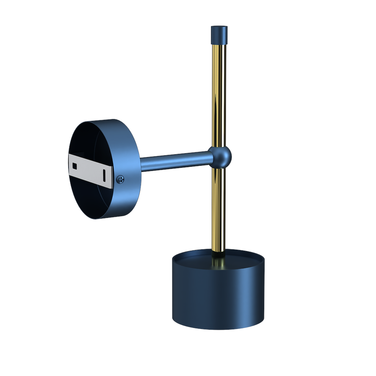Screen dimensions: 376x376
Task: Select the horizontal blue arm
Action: [174, 161]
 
